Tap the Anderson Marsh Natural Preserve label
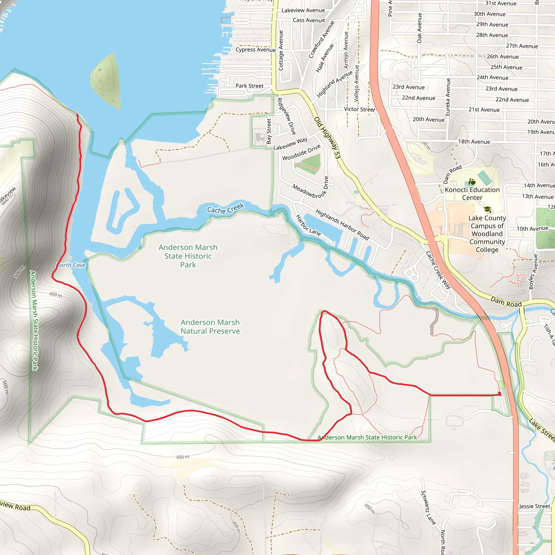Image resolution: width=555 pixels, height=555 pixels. pos(210,327)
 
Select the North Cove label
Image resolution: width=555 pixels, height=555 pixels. pos(71,265)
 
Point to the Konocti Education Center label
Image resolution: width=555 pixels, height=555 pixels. pos(472,193)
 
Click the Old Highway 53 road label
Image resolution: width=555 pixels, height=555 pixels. pos(327,138)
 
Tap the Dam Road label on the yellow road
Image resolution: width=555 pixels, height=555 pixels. pos(506,302)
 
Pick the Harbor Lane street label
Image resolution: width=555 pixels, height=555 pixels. pos(308,225)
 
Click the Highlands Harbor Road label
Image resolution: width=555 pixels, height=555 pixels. pos(342,224)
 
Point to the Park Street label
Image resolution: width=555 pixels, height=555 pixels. pos(249,86)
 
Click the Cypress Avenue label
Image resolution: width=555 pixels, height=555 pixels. pos(255,50)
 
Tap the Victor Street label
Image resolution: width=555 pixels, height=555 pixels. pos(359,109)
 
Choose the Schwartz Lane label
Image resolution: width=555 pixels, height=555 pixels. pos(428,507)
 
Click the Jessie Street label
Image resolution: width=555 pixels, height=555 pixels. pos(534,506)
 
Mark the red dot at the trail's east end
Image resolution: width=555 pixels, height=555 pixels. pos(500,394)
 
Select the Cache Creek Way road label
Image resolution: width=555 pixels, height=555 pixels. pos(438,270)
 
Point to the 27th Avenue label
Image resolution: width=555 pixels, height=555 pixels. pos(522,46)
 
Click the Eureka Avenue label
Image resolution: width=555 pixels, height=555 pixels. pos(448,97)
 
